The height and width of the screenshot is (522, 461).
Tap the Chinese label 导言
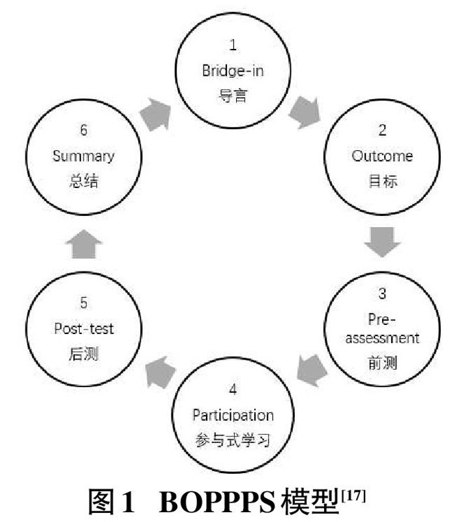click(233, 95)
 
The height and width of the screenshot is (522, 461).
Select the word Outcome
click(382, 156)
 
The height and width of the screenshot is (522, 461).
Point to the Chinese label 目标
click(382, 181)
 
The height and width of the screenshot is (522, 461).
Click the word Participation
click(233, 415)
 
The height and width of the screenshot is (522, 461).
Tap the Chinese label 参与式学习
click(233, 440)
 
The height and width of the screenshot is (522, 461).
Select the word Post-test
click(83, 328)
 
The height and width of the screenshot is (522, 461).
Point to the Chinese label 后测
click(83, 354)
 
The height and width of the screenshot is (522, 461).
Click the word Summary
click(83, 156)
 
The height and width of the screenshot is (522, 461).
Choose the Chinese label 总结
click(83, 181)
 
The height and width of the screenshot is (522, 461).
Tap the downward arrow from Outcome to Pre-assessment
click(382, 242)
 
